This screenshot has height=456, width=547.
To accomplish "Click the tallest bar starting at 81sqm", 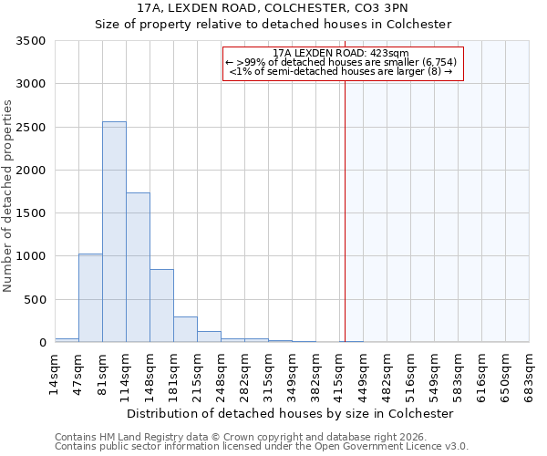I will pos(114,233).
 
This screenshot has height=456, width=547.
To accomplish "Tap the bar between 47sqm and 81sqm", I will pos(90,298).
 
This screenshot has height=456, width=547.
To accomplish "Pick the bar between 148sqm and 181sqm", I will pos(161,306).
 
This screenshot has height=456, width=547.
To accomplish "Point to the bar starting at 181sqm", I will pos(185,329).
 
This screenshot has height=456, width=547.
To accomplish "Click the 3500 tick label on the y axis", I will pos(33,41).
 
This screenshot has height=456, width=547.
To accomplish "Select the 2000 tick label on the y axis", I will pos(33,171).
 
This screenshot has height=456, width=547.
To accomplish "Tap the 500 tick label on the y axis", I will pos(36,300).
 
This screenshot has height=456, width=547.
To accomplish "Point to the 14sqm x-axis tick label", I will pos(56,374).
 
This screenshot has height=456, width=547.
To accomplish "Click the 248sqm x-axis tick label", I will pos(222,374).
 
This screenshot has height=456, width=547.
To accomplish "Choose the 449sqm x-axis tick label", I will pos(364,374).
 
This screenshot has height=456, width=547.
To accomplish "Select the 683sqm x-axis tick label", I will pos(530,374).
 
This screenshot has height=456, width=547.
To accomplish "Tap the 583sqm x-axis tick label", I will pos(459,374).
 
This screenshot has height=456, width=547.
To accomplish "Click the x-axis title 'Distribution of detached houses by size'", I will pos(290,413).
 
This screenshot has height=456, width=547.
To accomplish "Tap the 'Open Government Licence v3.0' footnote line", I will pos(261,446).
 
